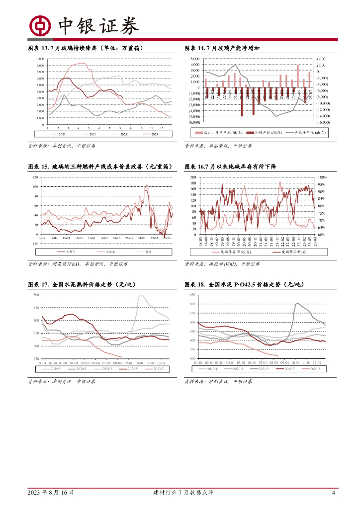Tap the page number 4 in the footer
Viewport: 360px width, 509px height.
pyautogui.click(x=333, y=493)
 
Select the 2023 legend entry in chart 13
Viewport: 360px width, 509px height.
pyautogui.click(x=154, y=134)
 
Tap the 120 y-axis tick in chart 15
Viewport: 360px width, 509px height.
pyautogui.click(x=36, y=177)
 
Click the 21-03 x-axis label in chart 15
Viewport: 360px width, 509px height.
pyautogui.click(x=141, y=239)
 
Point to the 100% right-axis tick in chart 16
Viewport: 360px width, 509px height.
pyautogui.click(x=322, y=177)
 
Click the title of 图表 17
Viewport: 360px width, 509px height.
pyautogui.click(x=82, y=285)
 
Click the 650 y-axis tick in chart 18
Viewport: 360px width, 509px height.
pyautogui.click(x=192, y=295)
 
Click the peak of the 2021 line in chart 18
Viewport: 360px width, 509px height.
pyautogui.click(x=297, y=303)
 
